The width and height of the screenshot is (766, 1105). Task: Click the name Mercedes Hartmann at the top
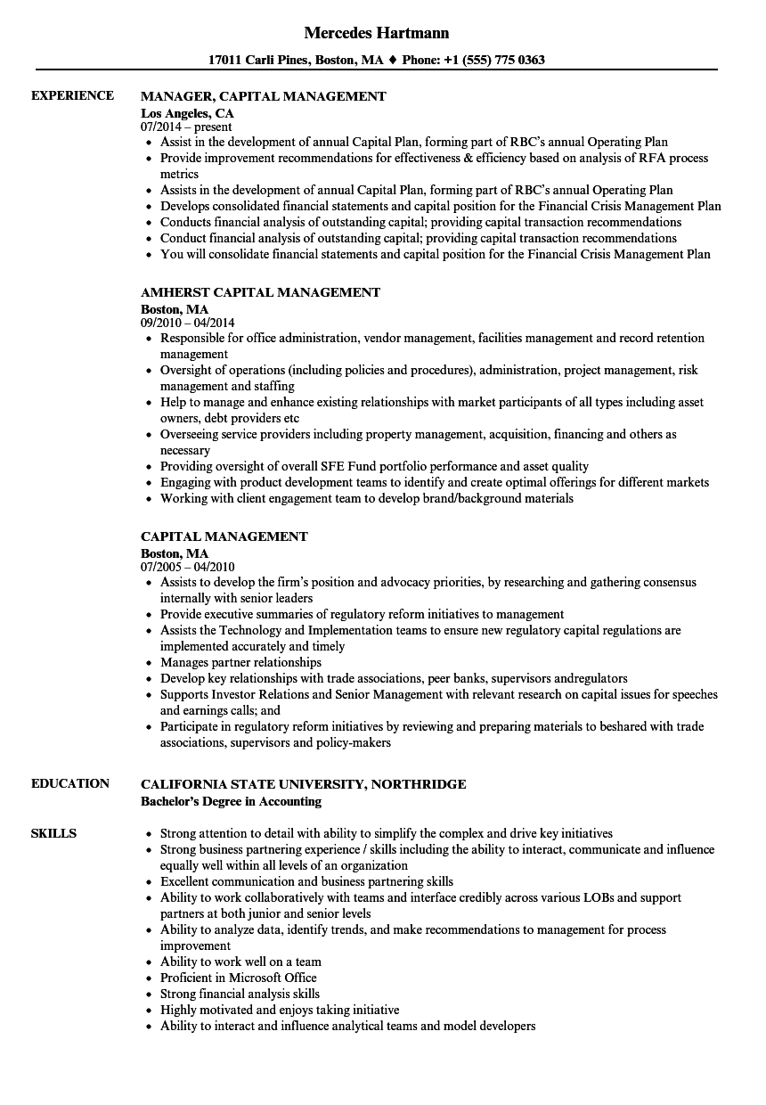(376, 33)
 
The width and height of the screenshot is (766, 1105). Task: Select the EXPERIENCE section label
(72, 95)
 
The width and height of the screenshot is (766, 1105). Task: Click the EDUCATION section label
(70, 783)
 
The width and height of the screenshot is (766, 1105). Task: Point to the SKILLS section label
(53, 833)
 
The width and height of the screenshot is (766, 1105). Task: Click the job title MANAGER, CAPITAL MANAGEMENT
(263, 96)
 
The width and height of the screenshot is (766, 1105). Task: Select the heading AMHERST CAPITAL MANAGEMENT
(260, 292)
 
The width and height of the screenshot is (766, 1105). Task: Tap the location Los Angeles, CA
(187, 113)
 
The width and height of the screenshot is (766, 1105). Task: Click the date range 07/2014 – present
(186, 127)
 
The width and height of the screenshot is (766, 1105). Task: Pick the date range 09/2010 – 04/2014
(188, 323)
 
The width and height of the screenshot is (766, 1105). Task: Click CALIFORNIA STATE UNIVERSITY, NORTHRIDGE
(303, 784)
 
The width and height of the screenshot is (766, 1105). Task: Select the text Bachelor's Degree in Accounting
(231, 801)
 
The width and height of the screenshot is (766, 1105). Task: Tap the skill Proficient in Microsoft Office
(238, 978)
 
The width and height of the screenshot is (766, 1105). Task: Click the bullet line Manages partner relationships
(240, 662)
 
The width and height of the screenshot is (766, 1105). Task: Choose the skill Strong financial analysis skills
(240, 994)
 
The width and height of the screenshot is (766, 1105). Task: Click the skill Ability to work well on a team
(240, 962)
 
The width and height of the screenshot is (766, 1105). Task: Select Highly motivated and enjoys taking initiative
(280, 1010)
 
